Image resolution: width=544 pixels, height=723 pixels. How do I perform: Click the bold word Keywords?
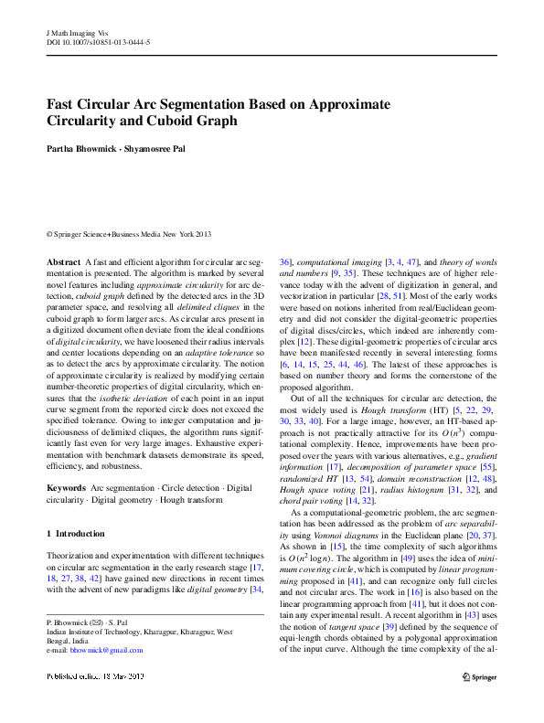pyautogui.click(x=67, y=489)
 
